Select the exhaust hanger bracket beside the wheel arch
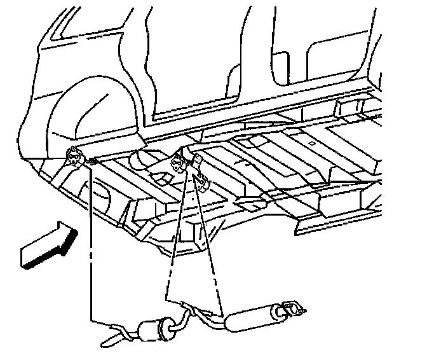pos(76,156)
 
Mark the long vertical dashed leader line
pos(90,242)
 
